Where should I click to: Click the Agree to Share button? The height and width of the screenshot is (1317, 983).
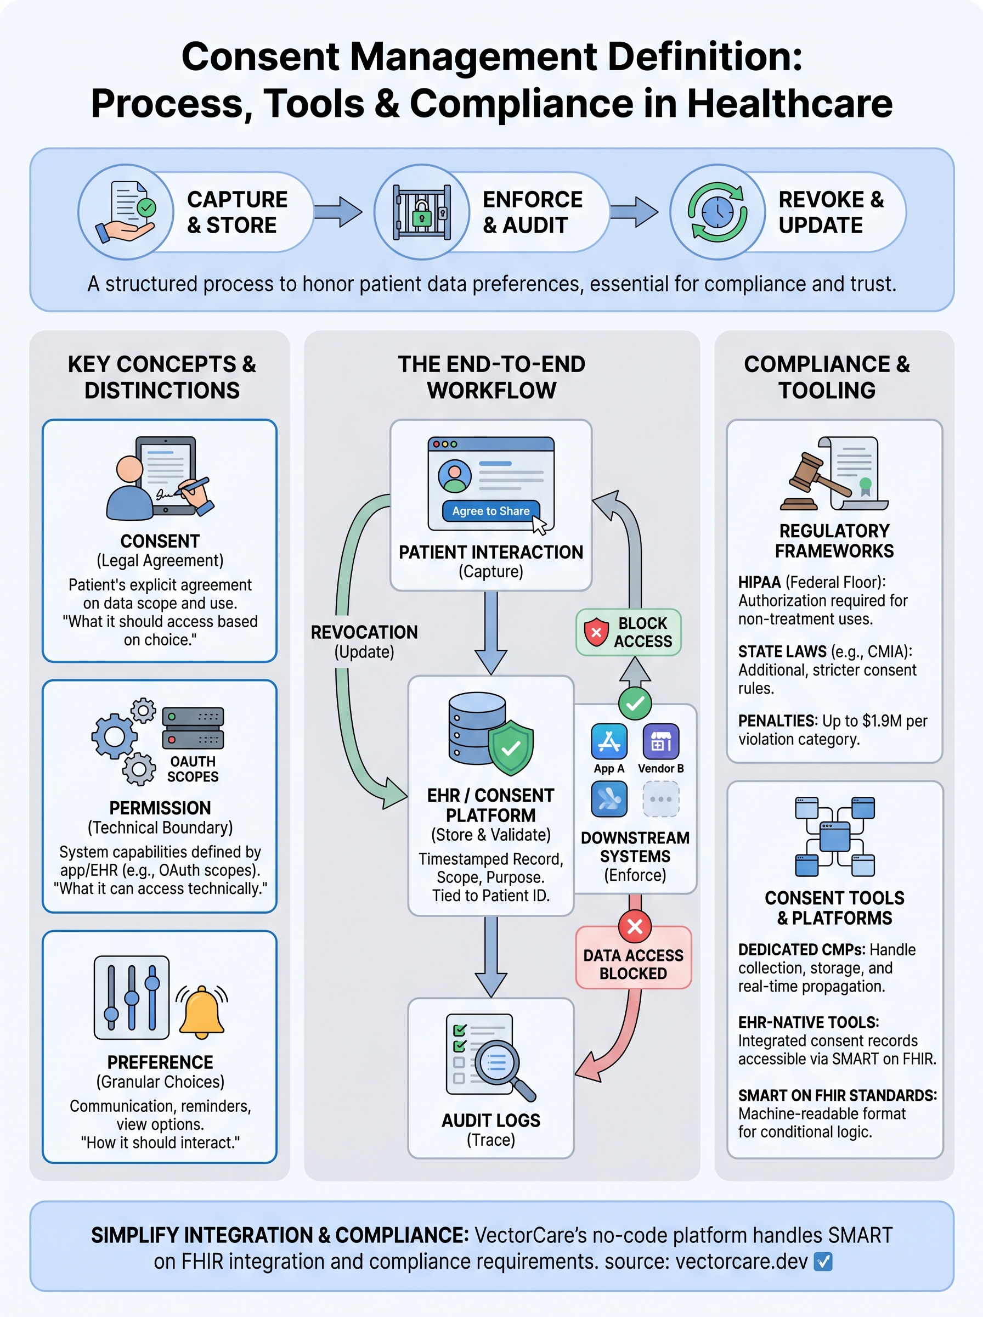pos(490,511)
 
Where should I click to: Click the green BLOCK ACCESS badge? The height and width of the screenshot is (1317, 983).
pos(628,632)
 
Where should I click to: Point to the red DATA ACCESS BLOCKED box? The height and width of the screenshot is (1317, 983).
pos(633,964)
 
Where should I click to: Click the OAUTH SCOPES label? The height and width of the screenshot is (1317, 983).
pos(193,769)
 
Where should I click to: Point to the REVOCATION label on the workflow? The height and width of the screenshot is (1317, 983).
pos(364,632)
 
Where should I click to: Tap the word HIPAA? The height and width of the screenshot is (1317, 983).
pos(759,582)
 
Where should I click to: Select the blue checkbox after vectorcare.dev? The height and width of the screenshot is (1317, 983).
pos(822,1261)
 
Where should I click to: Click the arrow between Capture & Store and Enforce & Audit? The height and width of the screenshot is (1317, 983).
pos(338,212)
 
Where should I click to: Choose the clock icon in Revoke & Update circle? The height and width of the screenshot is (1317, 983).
pos(718,212)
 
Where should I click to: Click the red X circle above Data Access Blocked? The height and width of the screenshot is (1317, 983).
pos(635,926)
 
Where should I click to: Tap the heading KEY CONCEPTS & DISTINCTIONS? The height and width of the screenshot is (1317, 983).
pos(162,376)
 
